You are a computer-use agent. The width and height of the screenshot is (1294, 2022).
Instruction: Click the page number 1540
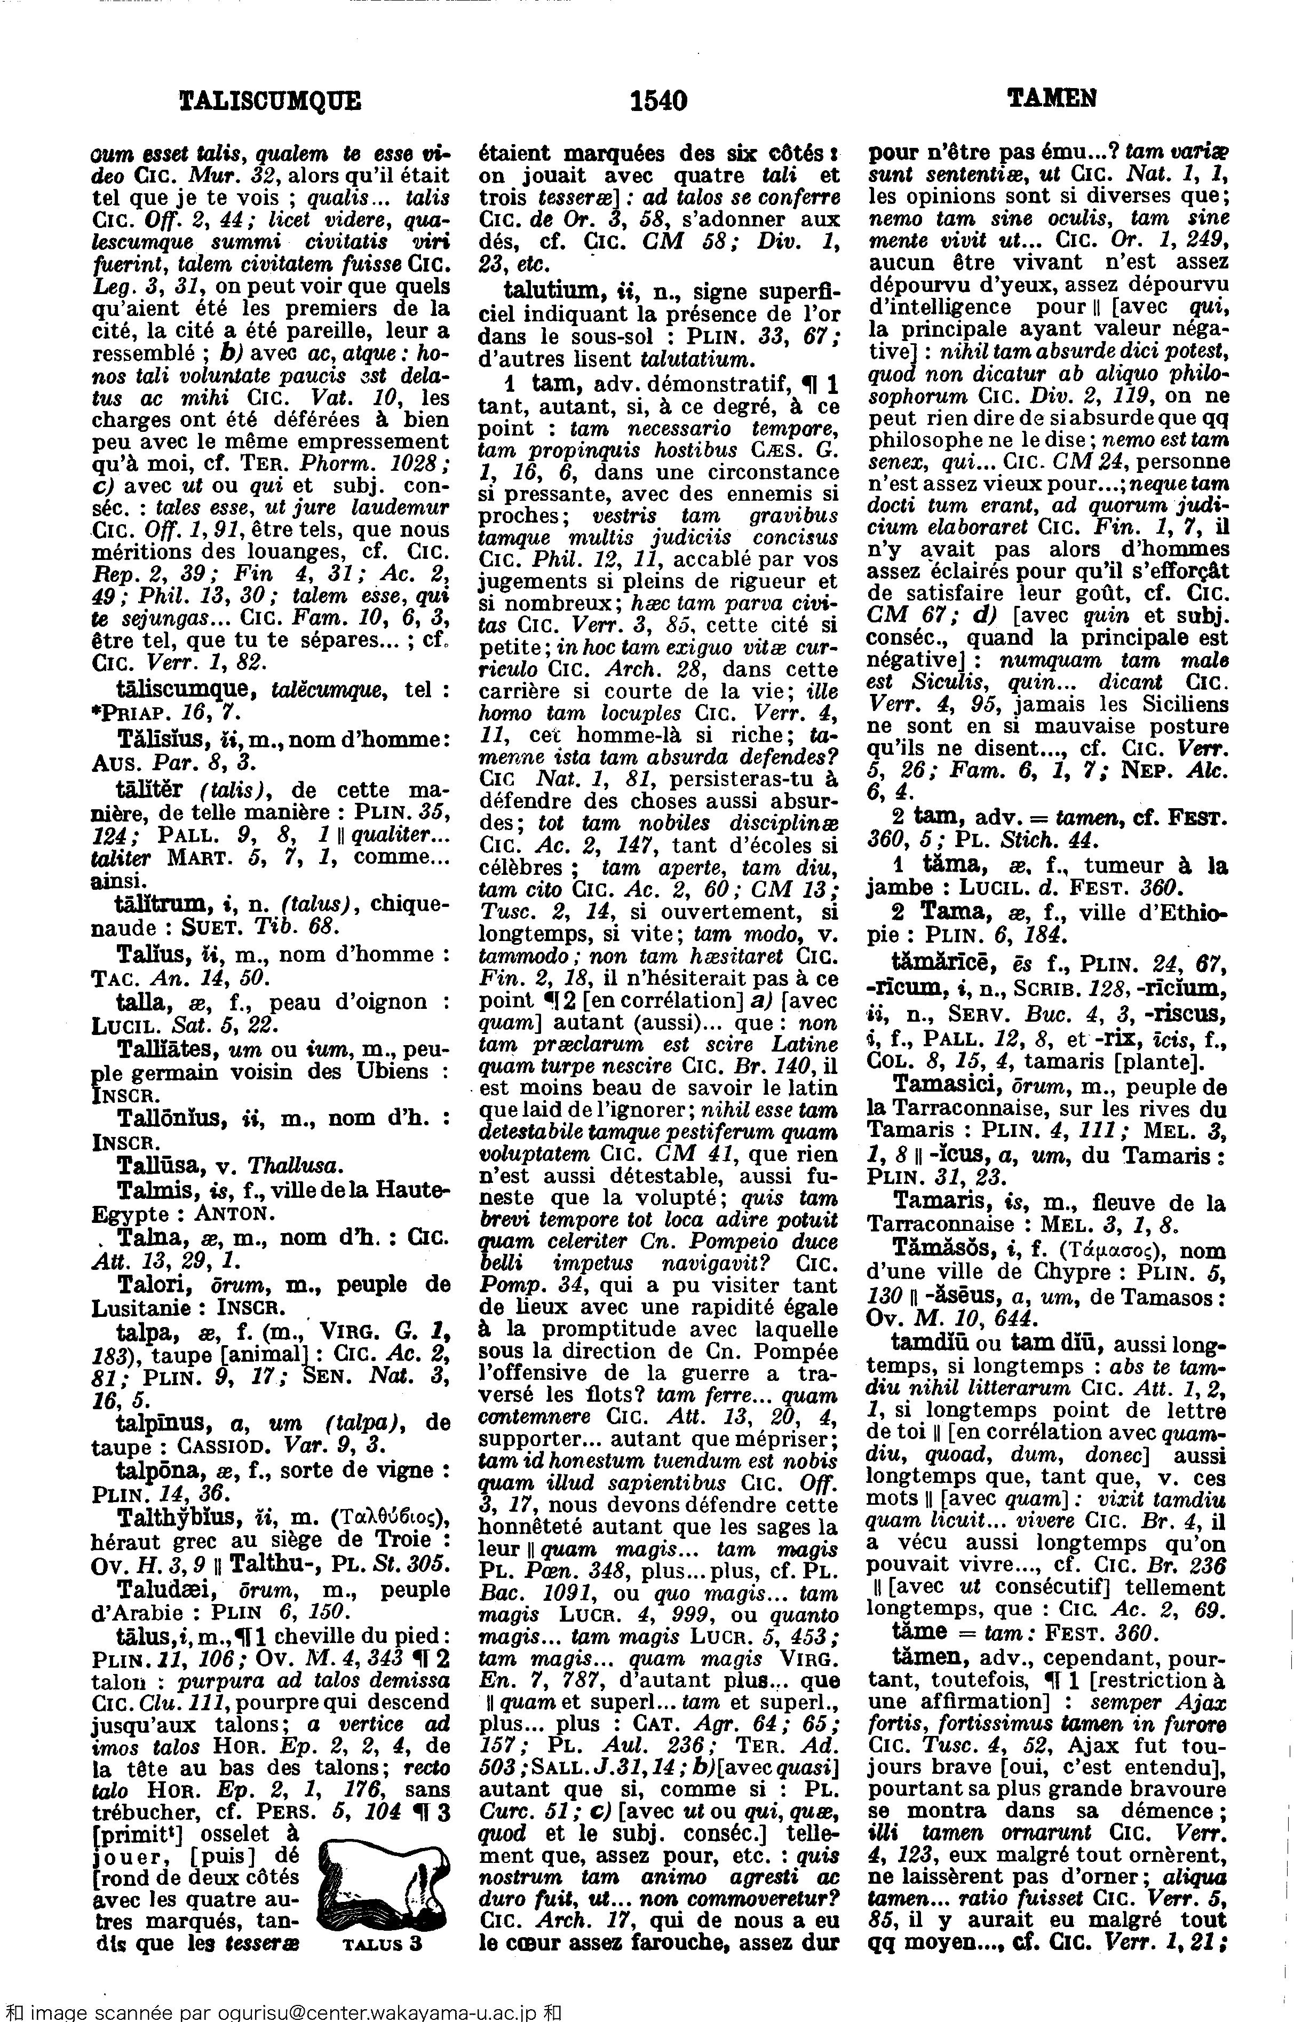[x=659, y=101]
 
